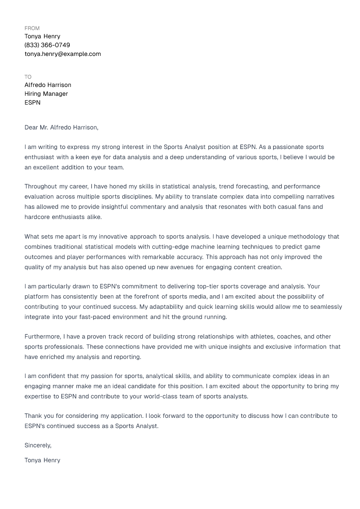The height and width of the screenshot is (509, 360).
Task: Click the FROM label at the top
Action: [32, 28]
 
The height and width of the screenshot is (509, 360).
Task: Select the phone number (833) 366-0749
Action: [47, 45]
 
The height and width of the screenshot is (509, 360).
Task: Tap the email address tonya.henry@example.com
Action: [63, 54]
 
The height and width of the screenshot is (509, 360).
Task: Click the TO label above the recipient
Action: [28, 77]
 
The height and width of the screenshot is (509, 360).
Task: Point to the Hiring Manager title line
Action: [46, 94]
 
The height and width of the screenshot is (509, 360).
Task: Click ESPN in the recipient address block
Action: [33, 103]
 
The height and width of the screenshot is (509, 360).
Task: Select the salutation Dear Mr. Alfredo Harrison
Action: [61, 128]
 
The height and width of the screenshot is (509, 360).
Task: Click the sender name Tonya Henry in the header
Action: [42, 36]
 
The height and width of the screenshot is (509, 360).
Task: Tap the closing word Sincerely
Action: [38, 445]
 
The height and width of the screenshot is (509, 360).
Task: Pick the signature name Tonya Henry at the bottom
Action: [42, 460]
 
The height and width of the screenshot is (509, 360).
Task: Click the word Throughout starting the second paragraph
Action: [40, 187]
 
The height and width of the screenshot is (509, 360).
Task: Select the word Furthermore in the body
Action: [42, 337]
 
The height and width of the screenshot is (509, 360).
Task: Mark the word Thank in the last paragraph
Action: [33, 416]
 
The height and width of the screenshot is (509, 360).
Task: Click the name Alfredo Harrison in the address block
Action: [48, 85]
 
